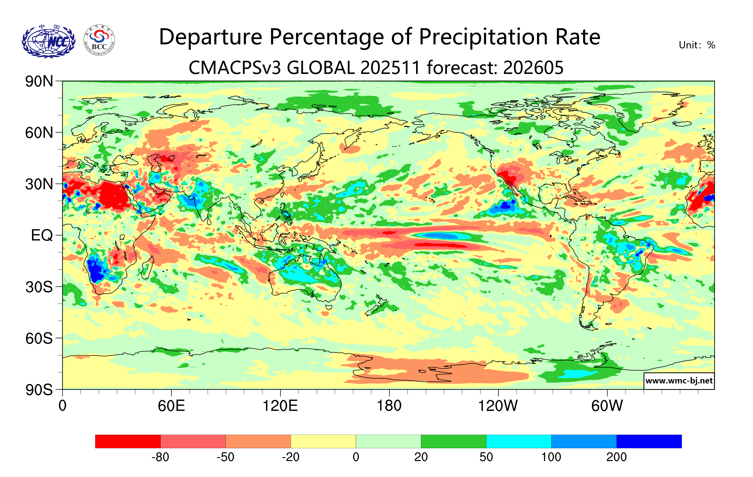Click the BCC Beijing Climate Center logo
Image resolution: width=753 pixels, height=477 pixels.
point(99,40)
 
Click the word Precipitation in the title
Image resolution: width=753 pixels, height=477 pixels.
point(483,37)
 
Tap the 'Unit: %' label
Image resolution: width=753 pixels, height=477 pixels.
point(697,45)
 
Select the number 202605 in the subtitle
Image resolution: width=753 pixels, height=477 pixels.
point(533,67)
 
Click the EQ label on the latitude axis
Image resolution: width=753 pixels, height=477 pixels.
point(42,235)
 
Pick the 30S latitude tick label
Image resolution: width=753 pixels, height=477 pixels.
point(39,287)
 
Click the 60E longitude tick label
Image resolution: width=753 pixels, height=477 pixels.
point(171,406)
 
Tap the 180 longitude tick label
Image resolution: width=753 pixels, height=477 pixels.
point(389,406)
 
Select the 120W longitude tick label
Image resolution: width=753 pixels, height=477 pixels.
point(498,406)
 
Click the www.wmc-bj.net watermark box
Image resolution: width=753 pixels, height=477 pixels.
point(679,381)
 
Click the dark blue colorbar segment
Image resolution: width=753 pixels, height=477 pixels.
point(649,441)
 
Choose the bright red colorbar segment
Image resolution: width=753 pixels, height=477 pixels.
point(127,441)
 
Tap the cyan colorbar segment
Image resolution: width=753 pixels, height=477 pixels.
point(518,441)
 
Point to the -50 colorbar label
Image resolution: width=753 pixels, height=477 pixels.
point(225,457)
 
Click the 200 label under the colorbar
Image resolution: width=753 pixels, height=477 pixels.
point(616,457)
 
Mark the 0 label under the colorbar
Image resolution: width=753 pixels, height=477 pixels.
point(356,457)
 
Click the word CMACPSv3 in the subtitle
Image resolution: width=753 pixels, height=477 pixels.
point(235,67)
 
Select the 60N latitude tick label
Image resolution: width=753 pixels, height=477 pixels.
point(39,133)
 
